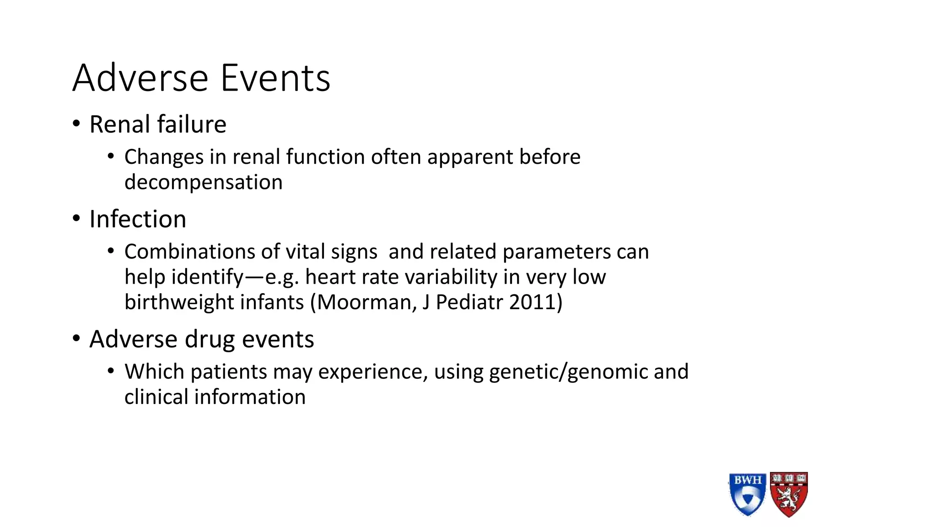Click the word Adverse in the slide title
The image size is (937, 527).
(x=140, y=78)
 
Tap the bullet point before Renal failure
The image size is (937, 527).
(x=76, y=124)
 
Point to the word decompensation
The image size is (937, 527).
(x=203, y=183)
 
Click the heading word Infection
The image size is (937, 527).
(x=138, y=219)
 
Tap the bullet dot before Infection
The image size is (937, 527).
(x=76, y=219)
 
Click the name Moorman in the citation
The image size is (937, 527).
(x=363, y=302)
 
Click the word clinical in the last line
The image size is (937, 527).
(x=156, y=397)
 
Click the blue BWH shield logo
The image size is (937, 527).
(x=747, y=494)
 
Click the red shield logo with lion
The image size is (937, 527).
(x=789, y=494)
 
